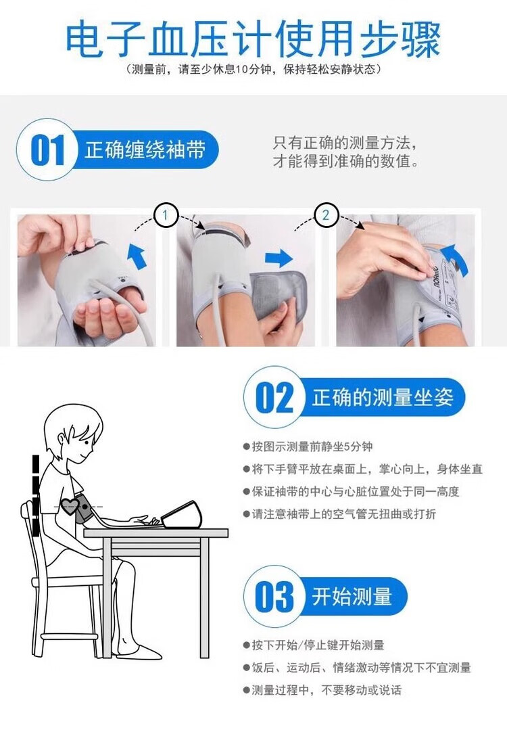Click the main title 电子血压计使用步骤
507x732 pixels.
(253, 39)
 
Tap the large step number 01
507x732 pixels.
(47, 150)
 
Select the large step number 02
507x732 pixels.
(274, 397)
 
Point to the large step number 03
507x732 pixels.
(274, 596)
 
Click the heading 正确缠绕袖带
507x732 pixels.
(145, 150)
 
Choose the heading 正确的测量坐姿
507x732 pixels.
(383, 397)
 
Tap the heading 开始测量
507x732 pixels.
(352, 596)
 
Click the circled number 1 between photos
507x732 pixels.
(166, 215)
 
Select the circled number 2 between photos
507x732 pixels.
(326, 215)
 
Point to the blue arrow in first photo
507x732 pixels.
(137, 255)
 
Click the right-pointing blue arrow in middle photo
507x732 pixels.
(279, 258)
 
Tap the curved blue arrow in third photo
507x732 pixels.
(454, 258)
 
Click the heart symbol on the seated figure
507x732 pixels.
(69, 506)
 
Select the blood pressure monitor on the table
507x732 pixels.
(181, 515)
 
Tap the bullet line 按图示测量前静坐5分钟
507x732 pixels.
(308, 447)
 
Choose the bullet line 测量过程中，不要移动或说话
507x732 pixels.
(322, 690)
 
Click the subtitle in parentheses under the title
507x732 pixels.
(254, 70)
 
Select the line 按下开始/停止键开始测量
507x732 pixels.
(314, 645)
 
